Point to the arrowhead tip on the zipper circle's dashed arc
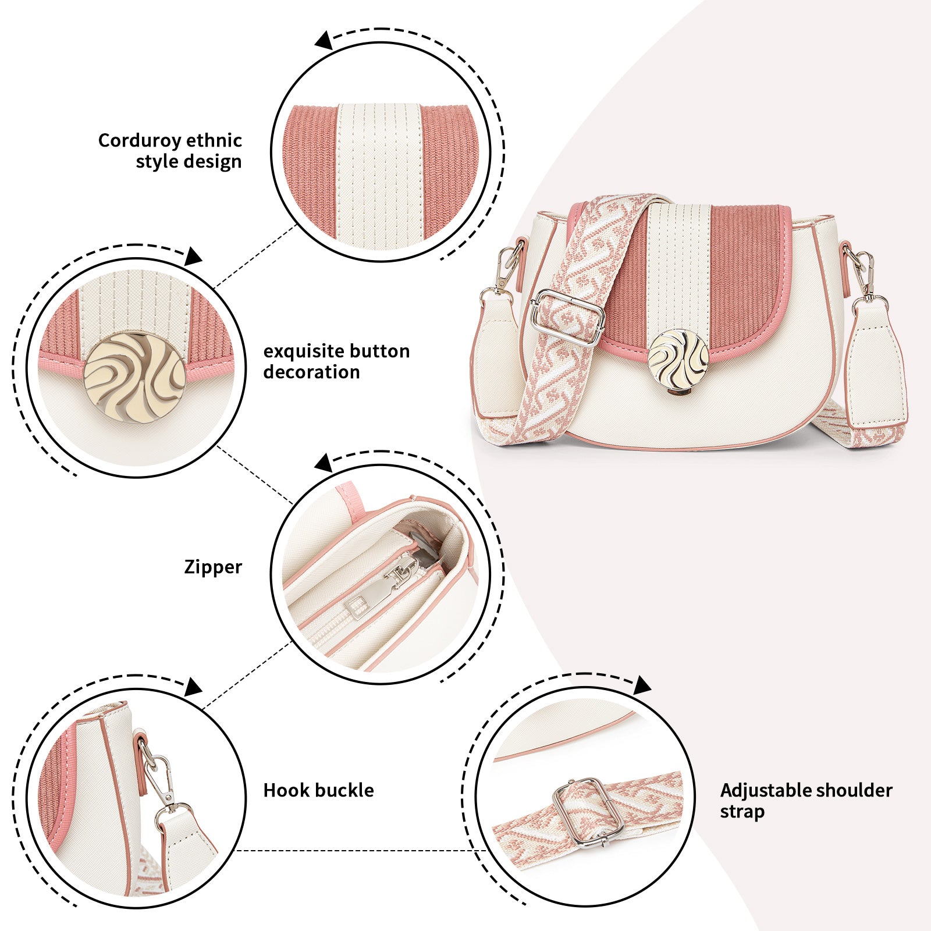point(315,464)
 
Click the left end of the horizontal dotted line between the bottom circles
point(234,851)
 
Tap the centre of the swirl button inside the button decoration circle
point(134,377)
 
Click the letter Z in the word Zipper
point(190,566)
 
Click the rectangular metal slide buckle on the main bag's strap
point(567,318)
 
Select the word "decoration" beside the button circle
point(311,372)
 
